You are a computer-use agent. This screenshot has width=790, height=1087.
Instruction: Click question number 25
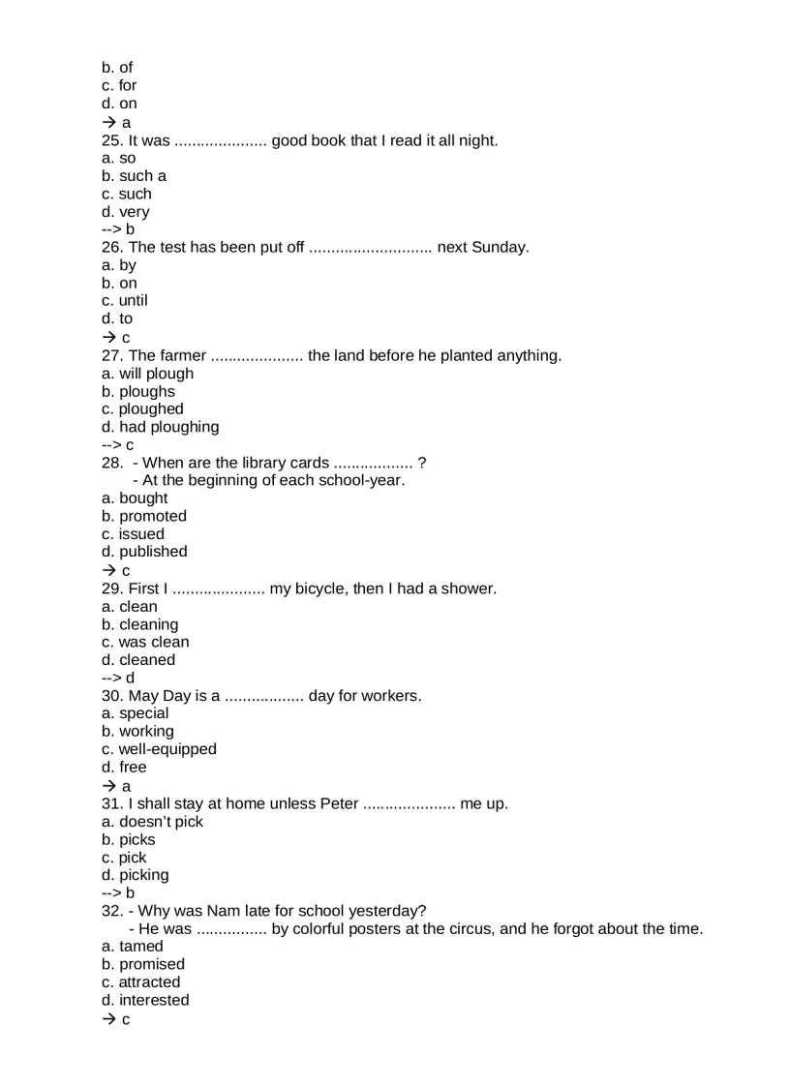coord(109,140)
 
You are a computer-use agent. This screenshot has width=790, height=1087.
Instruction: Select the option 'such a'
coord(141,176)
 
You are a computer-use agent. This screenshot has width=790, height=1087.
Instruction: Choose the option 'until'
coord(133,300)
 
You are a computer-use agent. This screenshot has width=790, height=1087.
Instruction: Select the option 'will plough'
coord(155,374)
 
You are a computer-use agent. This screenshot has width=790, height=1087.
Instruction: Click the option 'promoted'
coord(152,516)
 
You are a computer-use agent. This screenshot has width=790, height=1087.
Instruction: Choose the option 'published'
coord(153,552)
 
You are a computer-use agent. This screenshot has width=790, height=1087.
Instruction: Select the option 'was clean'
coord(153,642)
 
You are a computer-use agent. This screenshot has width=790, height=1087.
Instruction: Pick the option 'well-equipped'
coord(167,749)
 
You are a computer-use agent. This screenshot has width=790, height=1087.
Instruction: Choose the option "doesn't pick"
coord(161,822)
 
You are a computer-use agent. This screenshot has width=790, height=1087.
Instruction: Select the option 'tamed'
coord(140,947)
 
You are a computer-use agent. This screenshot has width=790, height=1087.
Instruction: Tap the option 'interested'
coord(153,1000)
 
